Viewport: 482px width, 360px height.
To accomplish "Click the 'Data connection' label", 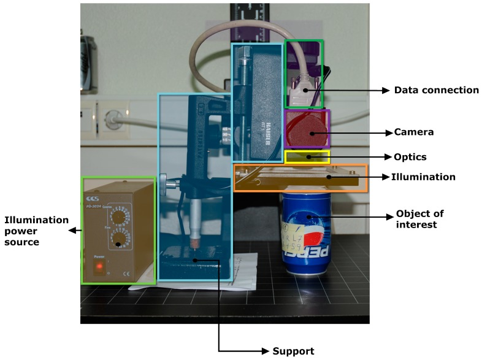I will (x=436, y=90).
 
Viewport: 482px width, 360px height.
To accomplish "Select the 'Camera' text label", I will (x=413, y=132).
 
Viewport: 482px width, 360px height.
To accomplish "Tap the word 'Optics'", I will (x=409, y=157).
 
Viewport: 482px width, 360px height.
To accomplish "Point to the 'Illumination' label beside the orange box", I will (x=423, y=177).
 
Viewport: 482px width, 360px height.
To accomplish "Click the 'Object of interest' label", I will (x=419, y=219).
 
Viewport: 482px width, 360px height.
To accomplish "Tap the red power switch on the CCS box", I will (x=99, y=267).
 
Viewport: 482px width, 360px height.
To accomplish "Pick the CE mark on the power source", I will (x=126, y=274).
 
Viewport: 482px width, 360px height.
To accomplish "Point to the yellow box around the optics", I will (x=307, y=157).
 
